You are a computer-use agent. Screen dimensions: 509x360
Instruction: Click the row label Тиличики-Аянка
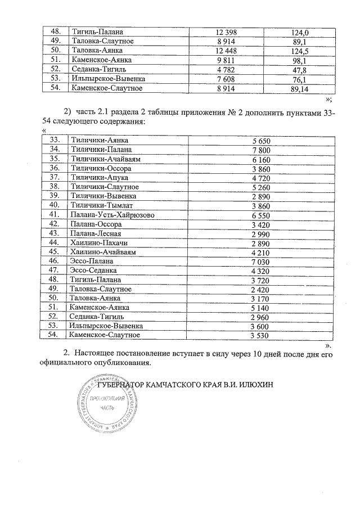pyautogui.click(x=97, y=140)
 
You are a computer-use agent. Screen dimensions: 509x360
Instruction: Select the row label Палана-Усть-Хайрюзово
pyautogui.click(x=110, y=215)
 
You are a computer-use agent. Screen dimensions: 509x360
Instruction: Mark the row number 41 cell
pyautogui.click(x=55, y=215)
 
